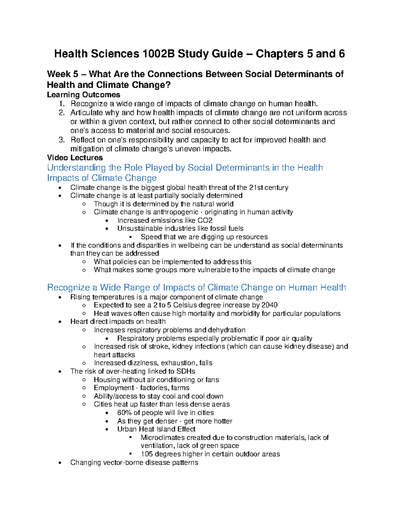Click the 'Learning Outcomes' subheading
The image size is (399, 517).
click(x=83, y=95)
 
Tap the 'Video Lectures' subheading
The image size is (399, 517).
click(x=75, y=158)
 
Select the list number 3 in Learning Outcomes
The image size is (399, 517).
click(x=61, y=140)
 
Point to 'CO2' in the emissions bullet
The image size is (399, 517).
click(x=205, y=220)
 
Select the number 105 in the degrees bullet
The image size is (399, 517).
click(x=147, y=454)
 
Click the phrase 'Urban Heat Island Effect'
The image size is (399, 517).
click(x=156, y=429)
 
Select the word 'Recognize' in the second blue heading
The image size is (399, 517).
click(x=68, y=288)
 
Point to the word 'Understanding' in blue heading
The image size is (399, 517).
click(x=76, y=168)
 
